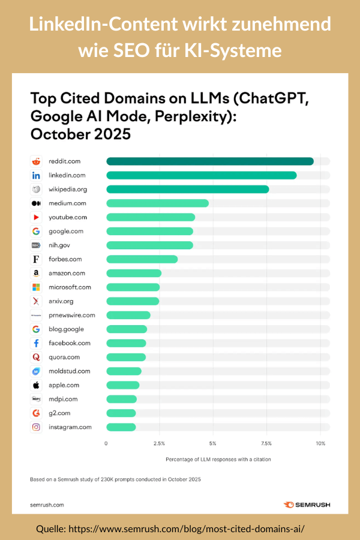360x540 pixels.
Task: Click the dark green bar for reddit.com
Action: click(x=210, y=161)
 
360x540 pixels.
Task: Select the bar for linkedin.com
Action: click(x=202, y=175)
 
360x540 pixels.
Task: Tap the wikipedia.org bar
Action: click(x=188, y=189)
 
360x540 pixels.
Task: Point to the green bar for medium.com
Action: click(x=157, y=203)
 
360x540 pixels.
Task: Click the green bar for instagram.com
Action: click(x=121, y=427)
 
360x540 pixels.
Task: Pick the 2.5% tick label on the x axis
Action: click(x=160, y=443)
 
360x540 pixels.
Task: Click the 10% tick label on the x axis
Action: click(x=320, y=443)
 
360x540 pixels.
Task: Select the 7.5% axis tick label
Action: click(x=266, y=443)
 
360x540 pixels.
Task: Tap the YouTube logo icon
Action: click(x=36, y=217)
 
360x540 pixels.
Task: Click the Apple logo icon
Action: click(x=36, y=385)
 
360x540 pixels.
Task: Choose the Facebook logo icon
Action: click(x=36, y=343)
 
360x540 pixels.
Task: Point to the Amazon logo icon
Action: click(x=36, y=273)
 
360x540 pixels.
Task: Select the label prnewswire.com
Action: click(x=72, y=315)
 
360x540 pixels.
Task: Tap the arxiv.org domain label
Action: click(x=61, y=301)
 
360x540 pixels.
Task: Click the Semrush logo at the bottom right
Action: click(x=307, y=505)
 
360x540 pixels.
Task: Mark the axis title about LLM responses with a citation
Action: click(x=218, y=460)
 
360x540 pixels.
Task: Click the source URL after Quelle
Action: click(x=188, y=528)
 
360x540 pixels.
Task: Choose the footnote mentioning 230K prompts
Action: click(x=115, y=479)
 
